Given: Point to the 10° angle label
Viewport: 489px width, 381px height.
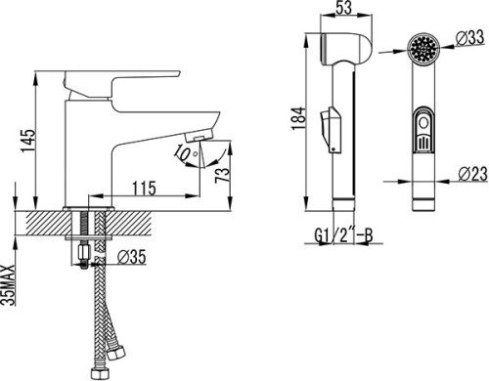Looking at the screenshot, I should coord(184,153).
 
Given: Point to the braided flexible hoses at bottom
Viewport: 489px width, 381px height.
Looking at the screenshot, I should coord(98,332).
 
